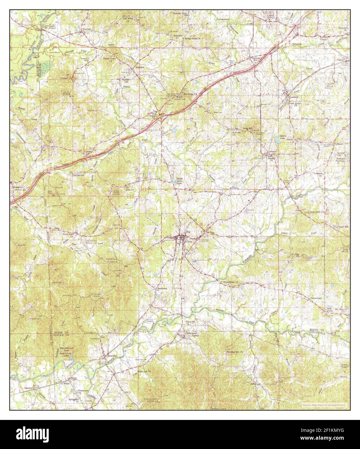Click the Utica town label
point(188,241)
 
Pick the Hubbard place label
point(139,67)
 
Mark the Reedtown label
point(161,287)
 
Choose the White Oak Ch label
point(144,371)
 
